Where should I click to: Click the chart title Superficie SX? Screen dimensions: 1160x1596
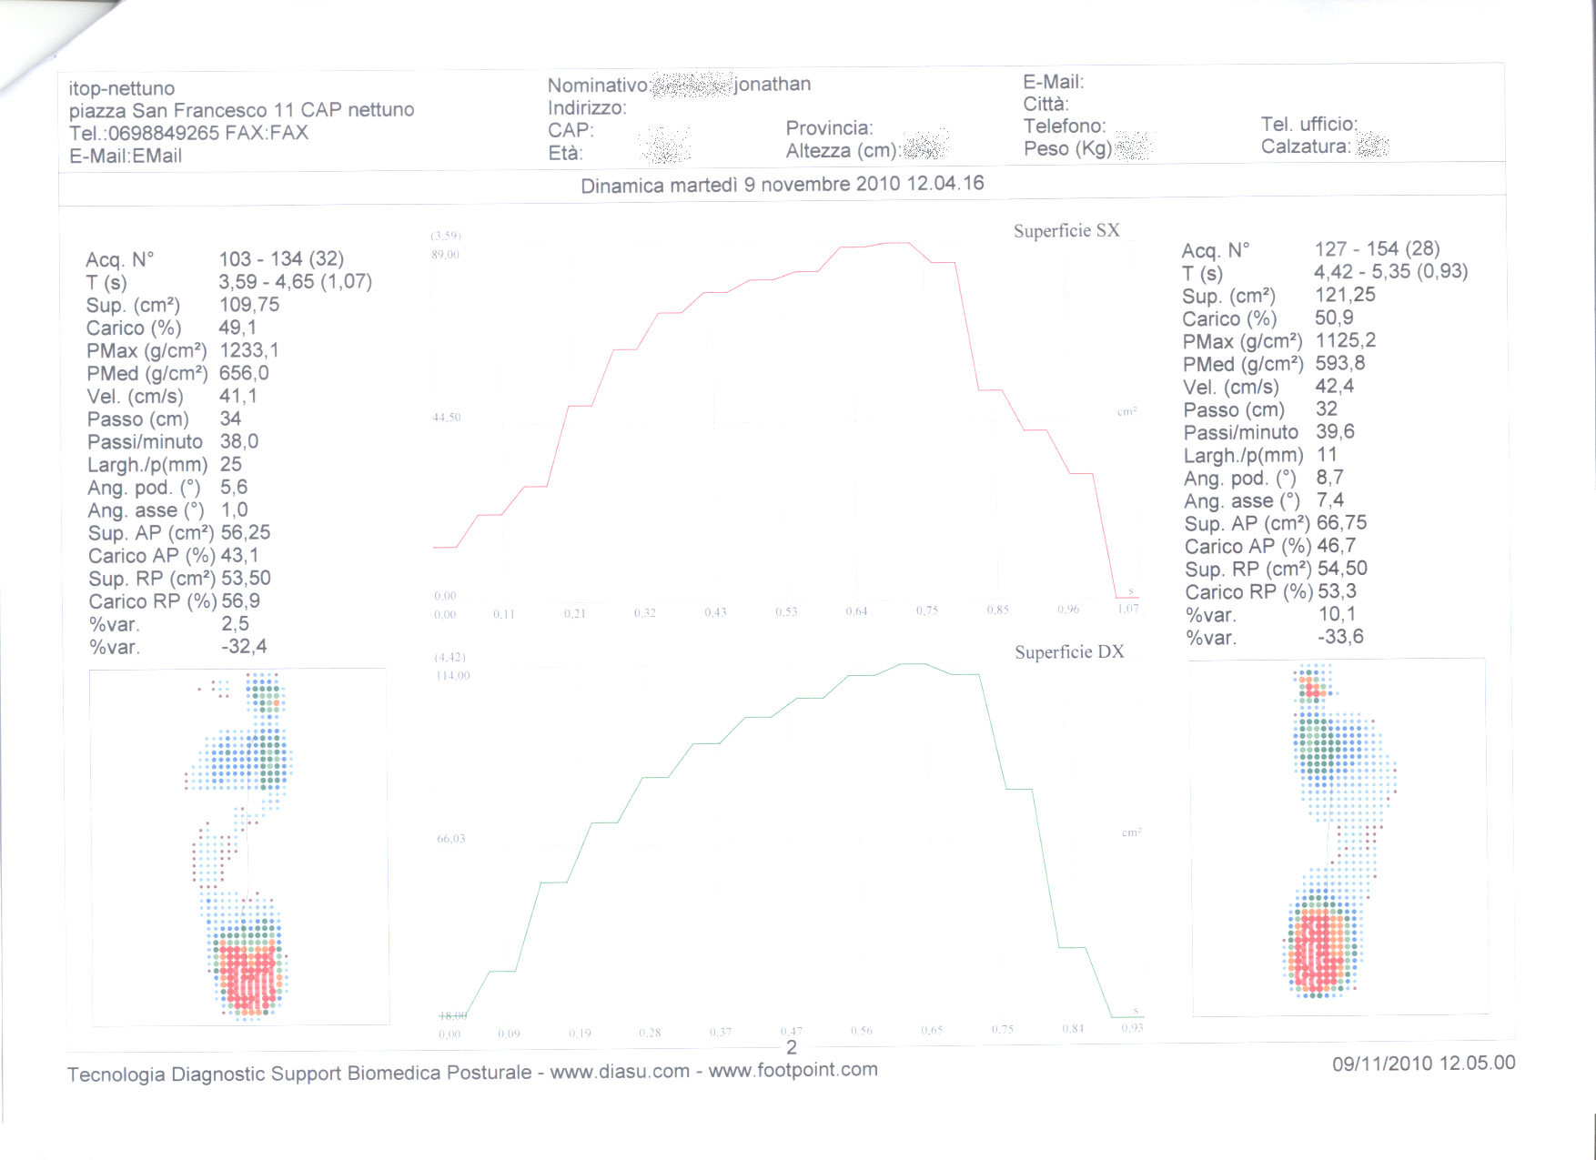point(1066,231)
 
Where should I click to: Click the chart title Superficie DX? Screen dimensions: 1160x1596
point(1069,652)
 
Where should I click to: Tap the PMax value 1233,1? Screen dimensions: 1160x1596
point(249,350)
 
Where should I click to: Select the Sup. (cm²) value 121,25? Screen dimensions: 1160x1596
point(1345,295)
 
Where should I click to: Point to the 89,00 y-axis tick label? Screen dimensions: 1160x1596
point(446,255)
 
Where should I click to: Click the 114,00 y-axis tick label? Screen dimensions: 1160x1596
point(452,676)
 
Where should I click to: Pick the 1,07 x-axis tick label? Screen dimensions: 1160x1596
point(1128,609)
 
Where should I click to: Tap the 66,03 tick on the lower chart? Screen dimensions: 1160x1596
point(451,839)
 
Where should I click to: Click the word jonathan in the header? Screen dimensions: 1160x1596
point(773,85)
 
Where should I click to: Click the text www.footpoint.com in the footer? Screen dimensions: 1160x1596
point(793,1070)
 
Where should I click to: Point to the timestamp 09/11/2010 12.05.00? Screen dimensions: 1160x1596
point(1423,1063)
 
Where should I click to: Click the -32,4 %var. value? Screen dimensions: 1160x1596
point(244,647)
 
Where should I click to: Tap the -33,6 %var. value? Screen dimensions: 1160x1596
point(1340,637)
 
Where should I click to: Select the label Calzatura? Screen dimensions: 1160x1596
point(1305,146)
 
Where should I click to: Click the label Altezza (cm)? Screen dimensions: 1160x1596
point(843,151)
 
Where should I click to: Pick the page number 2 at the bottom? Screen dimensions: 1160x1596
point(792,1047)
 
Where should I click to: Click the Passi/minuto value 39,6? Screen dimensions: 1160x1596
point(1335,432)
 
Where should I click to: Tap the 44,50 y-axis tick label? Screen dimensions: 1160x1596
point(447,418)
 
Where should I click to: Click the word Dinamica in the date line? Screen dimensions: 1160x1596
point(622,186)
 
